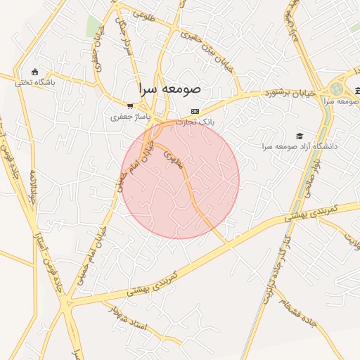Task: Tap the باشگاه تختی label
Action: coord(34,82)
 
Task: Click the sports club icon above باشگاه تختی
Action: coord(34,71)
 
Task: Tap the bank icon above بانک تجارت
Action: coord(195,111)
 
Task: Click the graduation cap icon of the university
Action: coord(300,135)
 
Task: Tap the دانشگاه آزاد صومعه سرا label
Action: coord(300,146)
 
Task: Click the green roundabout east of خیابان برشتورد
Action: coord(337,90)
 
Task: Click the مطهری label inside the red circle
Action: coord(172,158)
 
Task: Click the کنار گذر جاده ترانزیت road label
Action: coord(275,270)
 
